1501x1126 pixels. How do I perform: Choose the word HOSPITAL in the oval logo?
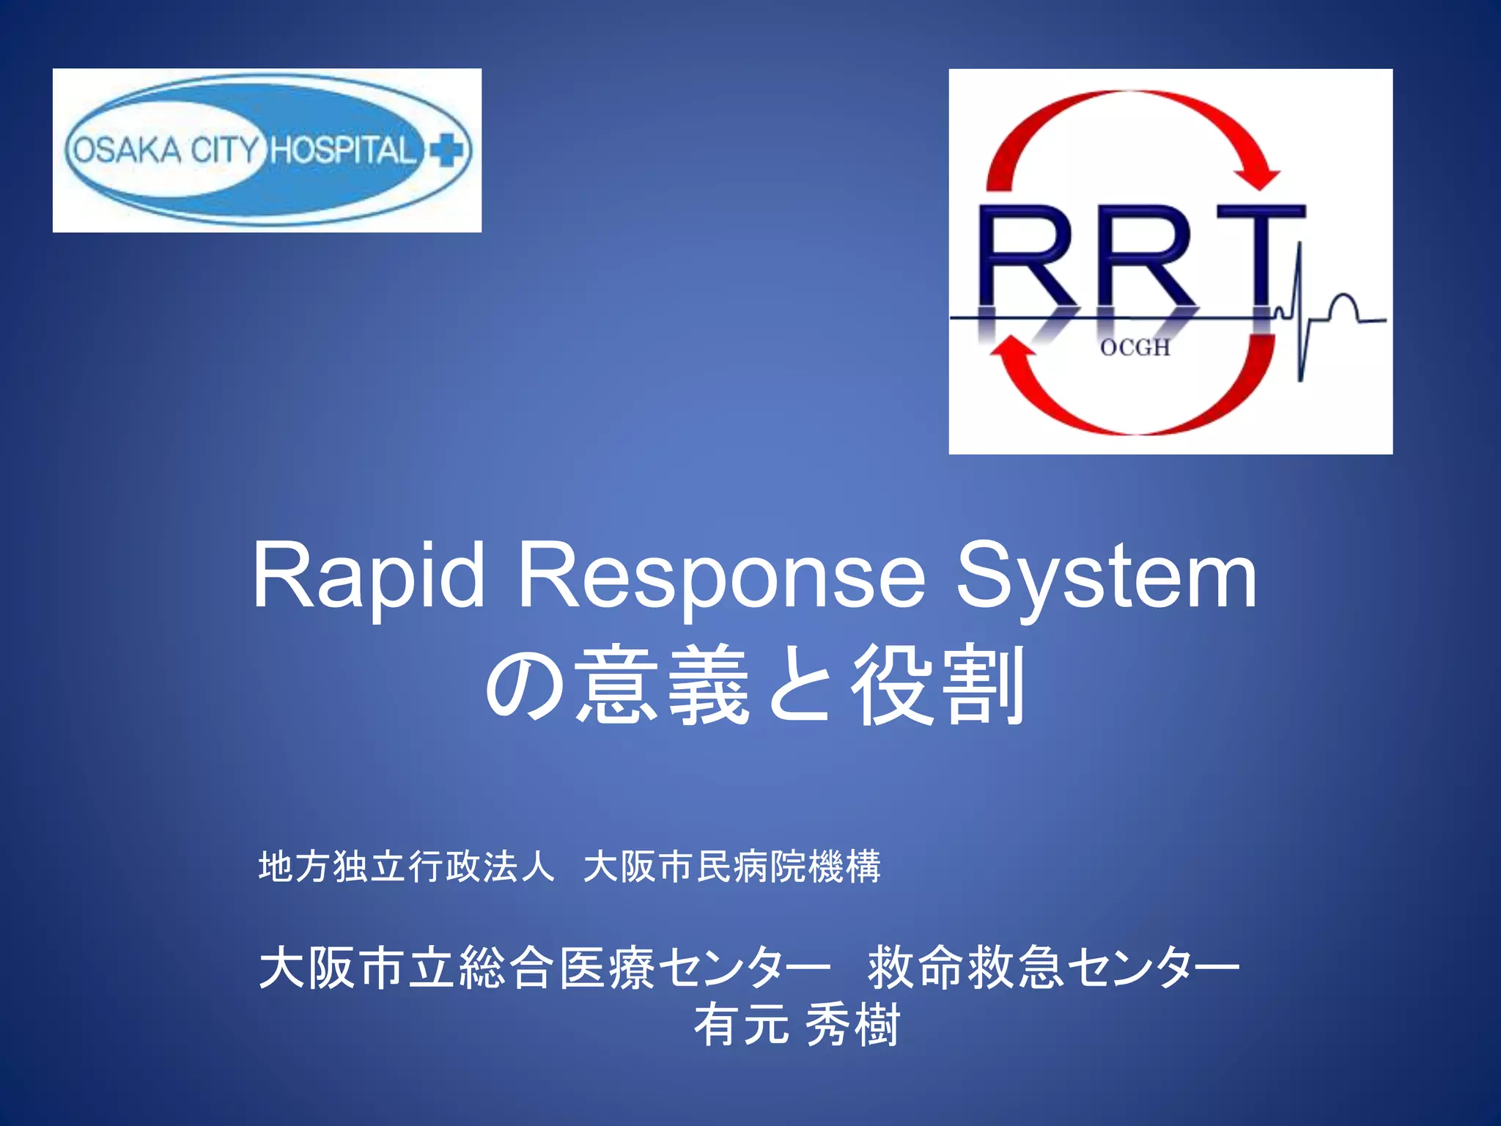tap(343, 150)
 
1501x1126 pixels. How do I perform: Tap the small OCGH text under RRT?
tap(1135, 347)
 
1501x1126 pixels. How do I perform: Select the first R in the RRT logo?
tap(1026, 257)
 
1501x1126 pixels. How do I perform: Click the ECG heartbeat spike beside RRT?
tap(1299, 308)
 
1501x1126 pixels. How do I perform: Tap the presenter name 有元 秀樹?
tap(797, 1025)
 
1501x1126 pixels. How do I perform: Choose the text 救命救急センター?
tap(1053, 968)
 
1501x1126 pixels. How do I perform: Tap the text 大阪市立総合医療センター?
tap(545, 968)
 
